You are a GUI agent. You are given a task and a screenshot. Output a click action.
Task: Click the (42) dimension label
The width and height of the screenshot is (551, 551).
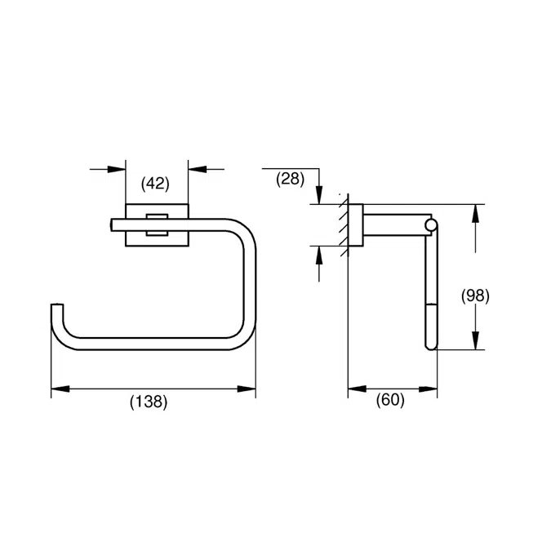tap(155, 184)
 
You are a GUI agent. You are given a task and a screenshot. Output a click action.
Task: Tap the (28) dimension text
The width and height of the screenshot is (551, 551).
tap(289, 178)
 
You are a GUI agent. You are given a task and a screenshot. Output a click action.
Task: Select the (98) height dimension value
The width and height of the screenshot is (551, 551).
tap(474, 295)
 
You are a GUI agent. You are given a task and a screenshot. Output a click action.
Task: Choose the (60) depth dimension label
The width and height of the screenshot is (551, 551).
tap(390, 402)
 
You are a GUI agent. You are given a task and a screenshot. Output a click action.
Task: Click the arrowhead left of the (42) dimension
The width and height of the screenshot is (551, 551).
tap(118, 169)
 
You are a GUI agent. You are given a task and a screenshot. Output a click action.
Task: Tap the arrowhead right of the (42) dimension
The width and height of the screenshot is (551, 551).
tap(196, 169)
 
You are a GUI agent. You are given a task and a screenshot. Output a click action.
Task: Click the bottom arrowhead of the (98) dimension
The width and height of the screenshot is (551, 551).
tap(476, 340)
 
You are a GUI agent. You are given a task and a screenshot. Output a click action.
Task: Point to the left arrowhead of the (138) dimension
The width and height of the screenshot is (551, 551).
tap(59, 389)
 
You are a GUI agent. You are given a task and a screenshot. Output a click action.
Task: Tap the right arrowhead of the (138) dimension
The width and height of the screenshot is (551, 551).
tap(247, 389)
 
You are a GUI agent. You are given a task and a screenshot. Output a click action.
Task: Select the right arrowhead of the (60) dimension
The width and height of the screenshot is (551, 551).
tap(429, 389)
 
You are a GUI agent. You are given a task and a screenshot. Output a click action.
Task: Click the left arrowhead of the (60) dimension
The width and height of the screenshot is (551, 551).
tap(357, 389)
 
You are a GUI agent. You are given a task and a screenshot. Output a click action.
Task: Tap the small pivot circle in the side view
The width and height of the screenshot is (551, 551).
tap(432, 224)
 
